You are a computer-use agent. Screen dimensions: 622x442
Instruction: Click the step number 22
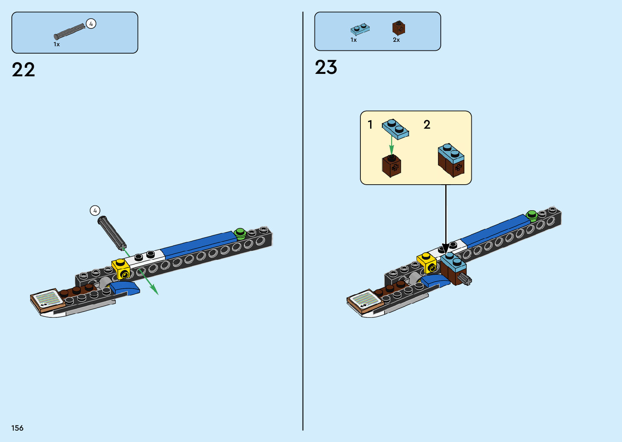click(x=24, y=70)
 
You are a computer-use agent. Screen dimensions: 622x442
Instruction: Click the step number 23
click(x=326, y=67)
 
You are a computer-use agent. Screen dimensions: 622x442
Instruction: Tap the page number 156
click(x=17, y=428)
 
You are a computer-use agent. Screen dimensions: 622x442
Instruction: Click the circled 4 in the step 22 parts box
click(x=91, y=24)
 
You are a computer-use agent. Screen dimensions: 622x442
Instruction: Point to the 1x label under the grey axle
click(x=56, y=44)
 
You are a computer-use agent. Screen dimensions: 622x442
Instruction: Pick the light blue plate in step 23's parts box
click(x=360, y=29)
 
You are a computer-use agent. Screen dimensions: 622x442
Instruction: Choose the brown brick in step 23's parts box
click(x=399, y=28)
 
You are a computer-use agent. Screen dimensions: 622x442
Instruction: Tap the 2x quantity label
click(x=396, y=40)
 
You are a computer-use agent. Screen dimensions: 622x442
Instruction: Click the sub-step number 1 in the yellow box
click(x=370, y=125)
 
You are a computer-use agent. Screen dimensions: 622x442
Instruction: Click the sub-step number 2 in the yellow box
click(x=427, y=125)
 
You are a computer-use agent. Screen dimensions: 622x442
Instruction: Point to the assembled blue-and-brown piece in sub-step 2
click(x=451, y=160)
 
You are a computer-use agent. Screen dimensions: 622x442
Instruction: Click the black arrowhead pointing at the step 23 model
click(x=446, y=248)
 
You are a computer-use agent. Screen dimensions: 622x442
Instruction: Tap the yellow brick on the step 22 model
click(x=121, y=268)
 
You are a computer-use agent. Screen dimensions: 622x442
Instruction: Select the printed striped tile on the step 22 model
click(x=48, y=299)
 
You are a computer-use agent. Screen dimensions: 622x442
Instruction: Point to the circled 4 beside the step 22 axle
click(x=95, y=211)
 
